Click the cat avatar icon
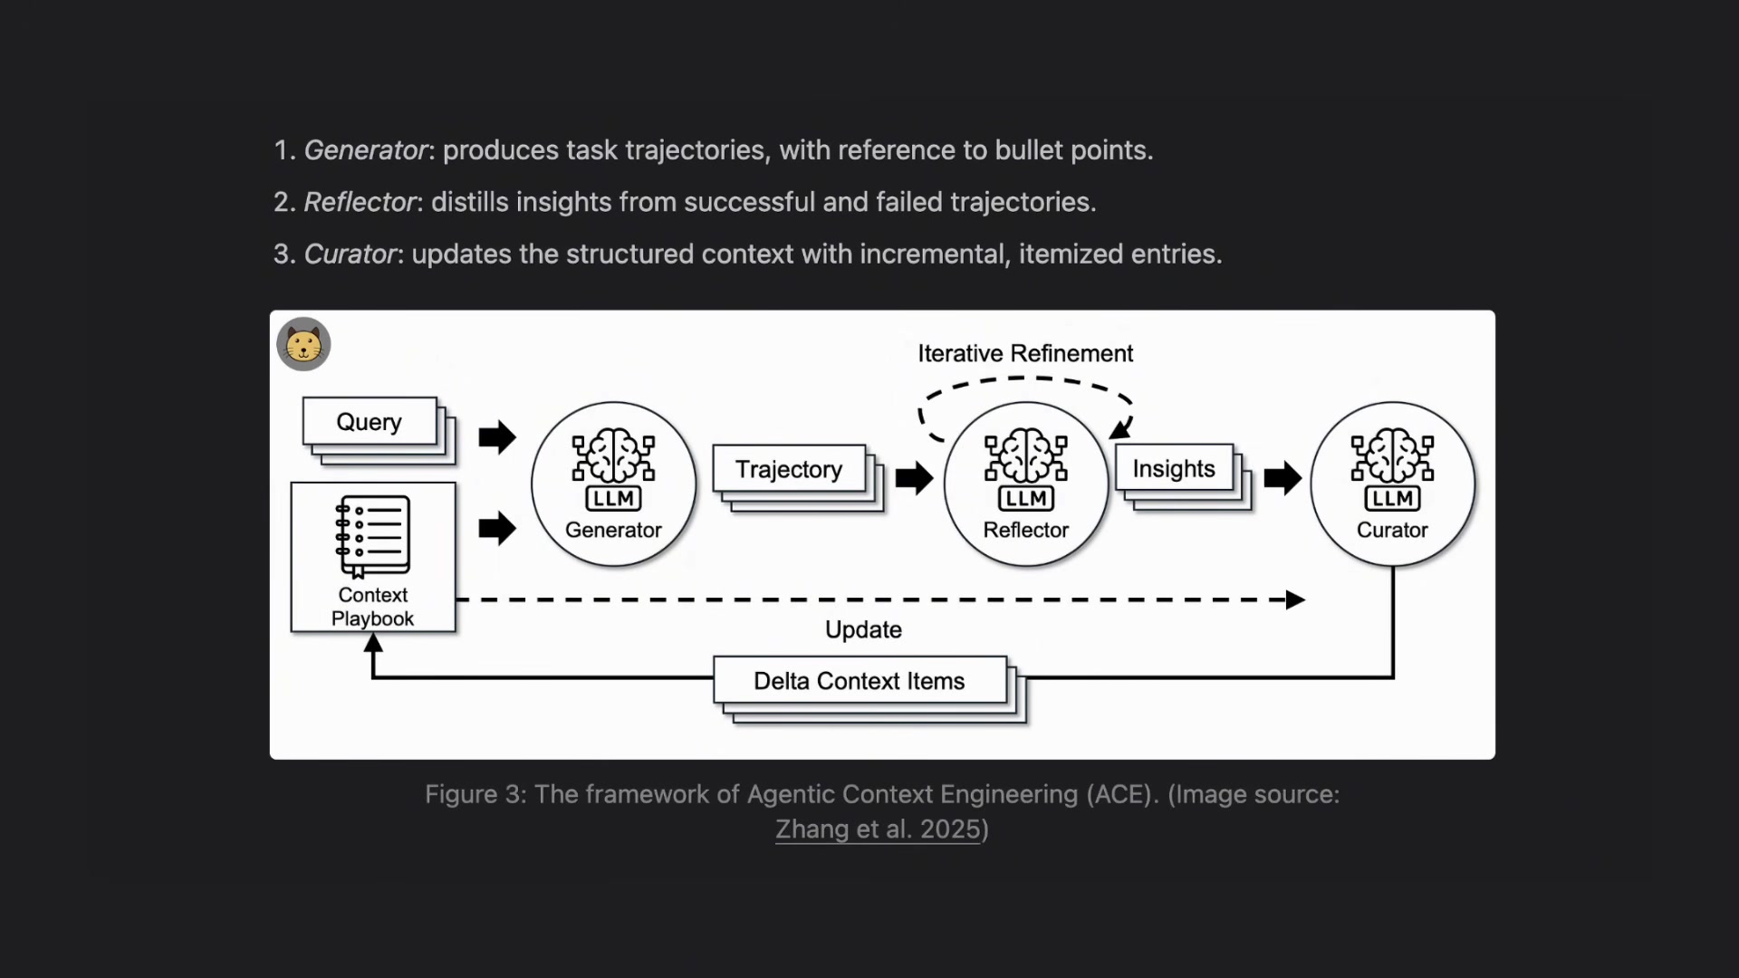point(303,344)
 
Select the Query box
point(370,421)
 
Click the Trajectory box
point(789,469)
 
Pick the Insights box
point(1174,468)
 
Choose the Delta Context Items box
point(860,680)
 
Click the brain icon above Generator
point(614,456)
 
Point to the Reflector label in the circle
point(1026,530)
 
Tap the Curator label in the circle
point(1392,530)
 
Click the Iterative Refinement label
point(1025,353)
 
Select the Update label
point(863,629)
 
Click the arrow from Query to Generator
point(497,437)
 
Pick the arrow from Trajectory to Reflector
point(914,478)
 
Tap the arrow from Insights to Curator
point(1283,478)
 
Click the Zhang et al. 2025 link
point(878,829)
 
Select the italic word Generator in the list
point(366,150)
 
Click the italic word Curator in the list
point(351,254)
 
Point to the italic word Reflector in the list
point(360,202)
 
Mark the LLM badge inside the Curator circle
point(1392,498)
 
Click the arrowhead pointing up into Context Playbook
point(373,642)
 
